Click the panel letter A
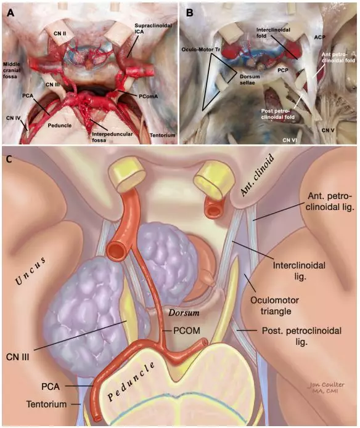coord(10,13)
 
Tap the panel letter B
coord(190,13)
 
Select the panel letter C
coord(9,159)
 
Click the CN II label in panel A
coord(60,34)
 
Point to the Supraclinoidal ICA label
coord(153,28)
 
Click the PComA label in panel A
coord(149,96)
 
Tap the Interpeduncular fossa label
coord(112,137)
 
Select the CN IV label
coord(13,118)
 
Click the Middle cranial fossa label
coord(12,70)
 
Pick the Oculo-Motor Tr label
coord(202,49)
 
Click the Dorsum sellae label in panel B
coord(250,79)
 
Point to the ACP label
coord(319,36)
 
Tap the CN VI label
coord(290,140)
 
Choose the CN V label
coord(328,130)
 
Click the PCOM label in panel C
coord(187,331)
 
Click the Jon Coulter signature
coord(327,387)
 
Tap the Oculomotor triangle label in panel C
coord(275,305)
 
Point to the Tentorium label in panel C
coord(46,404)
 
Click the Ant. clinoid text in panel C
coord(256,175)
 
